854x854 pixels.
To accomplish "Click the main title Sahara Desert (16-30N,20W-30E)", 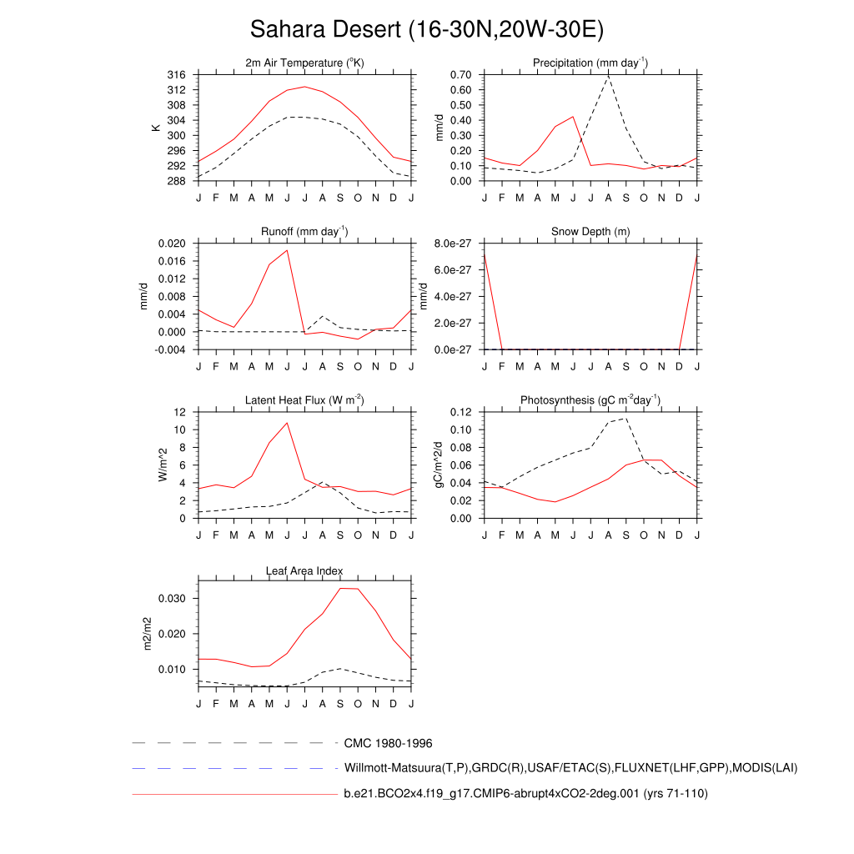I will pyautogui.click(x=426, y=30).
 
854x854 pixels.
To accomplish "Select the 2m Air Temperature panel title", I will pyautogui.click(x=305, y=63).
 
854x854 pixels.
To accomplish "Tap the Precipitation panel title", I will pyautogui.click(x=590, y=63).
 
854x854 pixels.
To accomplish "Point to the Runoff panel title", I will pyautogui.click(x=305, y=232).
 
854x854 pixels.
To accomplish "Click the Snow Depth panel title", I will pyautogui.click(x=590, y=232).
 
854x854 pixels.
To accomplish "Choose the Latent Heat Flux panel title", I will pyautogui.click(x=304, y=400).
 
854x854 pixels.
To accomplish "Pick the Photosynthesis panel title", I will pyautogui.click(x=590, y=400).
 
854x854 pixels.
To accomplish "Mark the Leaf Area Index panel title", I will pyautogui.click(x=304, y=570).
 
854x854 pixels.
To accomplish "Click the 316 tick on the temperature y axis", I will pyautogui.click(x=176, y=75).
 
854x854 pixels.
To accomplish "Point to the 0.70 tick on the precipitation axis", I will pyautogui.click(x=461, y=75).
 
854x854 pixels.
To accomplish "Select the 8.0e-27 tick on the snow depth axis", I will pyautogui.click(x=454, y=244).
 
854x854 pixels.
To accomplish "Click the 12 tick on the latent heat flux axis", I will pyautogui.click(x=179, y=412).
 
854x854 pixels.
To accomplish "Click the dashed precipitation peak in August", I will pyautogui.click(x=609, y=77).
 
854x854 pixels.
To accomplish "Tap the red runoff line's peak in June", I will pyautogui.click(x=287, y=250).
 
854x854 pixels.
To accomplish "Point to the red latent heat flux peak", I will pyautogui.click(x=287, y=423).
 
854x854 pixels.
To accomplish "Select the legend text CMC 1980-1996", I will pyautogui.click(x=388, y=743).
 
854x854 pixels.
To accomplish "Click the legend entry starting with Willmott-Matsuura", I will pyautogui.click(x=570, y=767).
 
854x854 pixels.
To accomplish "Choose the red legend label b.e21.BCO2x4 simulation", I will pyautogui.click(x=525, y=794).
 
